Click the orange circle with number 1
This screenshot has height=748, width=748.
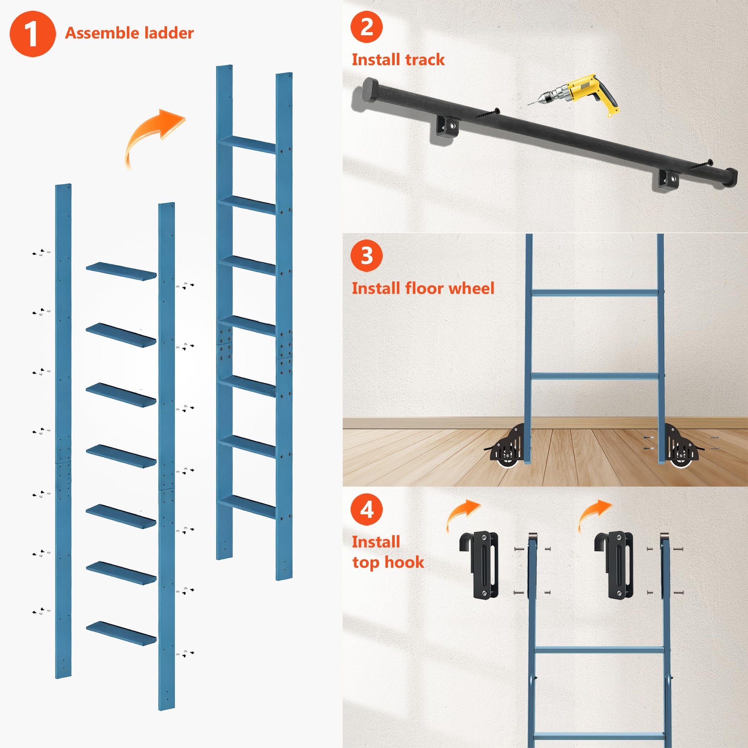click(x=33, y=34)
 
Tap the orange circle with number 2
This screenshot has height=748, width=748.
click(x=366, y=27)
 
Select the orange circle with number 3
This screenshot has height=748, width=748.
click(x=366, y=256)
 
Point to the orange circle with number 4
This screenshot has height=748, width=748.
click(x=366, y=510)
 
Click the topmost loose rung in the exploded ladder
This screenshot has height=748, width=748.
click(x=121, y=271)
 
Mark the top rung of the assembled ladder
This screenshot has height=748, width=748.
click(x=247, y=145)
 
